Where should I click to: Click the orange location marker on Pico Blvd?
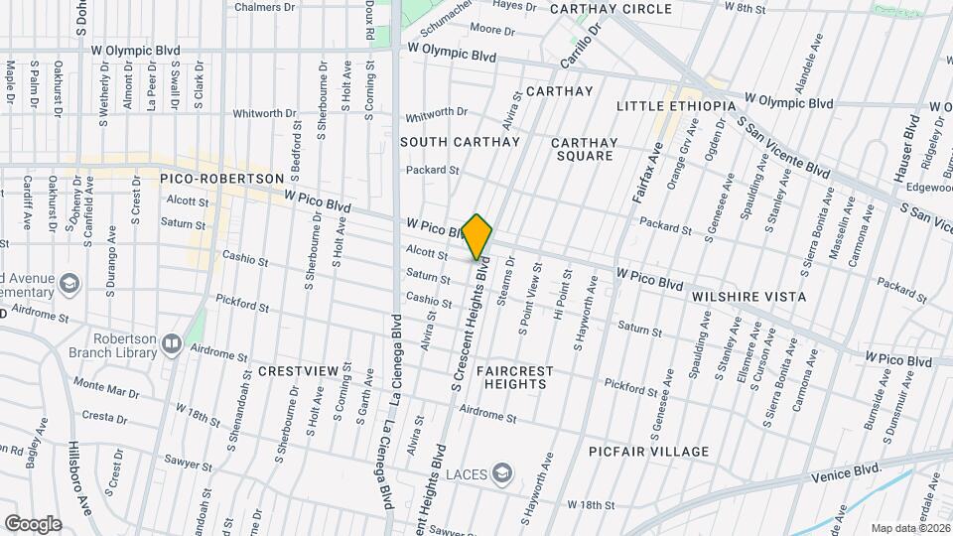[x=477, y=236]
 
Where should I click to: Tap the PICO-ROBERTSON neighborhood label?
[x=222, y=179]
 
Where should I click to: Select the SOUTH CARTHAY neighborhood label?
[x=460, y=142]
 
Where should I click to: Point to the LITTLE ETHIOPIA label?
[x=676, y=106]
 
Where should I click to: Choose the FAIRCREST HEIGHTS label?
[x=513, y=377]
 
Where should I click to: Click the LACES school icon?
[x=503, y=471]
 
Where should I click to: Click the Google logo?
[x=33, y=523]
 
